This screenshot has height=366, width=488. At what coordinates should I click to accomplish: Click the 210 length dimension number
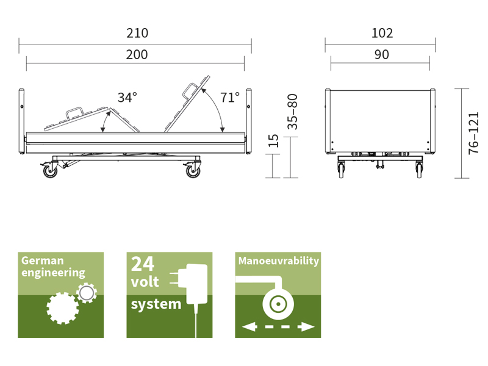pos(137,33)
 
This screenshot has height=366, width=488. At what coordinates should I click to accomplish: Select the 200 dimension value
pos(137,54)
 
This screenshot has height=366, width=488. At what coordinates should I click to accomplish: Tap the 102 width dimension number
pos(382,33)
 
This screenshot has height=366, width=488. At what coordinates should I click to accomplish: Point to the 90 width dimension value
pos(382,54)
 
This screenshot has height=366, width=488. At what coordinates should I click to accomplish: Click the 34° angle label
pos(127,98)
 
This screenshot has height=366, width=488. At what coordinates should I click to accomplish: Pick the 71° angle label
pos(230,98)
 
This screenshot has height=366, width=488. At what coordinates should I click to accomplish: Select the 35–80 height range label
pos(293,112)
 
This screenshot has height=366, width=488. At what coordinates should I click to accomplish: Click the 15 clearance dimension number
pos(273,141)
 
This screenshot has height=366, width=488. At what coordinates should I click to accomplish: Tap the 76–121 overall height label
pos(473,133)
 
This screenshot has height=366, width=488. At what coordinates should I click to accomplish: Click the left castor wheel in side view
pos(50,171)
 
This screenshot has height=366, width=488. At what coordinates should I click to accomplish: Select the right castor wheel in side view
pos(193,171)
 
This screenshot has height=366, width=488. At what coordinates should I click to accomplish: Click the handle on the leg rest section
pos(74,113)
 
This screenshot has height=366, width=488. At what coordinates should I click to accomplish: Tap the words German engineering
pos(53,267)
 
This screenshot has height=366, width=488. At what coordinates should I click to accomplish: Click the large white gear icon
pos(63,308)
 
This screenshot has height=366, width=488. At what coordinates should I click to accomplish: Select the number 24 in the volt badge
pos(143,264)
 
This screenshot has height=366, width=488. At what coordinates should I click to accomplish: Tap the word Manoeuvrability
pos(279,261)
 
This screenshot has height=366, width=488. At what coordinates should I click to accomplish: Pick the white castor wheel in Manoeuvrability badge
pos(278,304)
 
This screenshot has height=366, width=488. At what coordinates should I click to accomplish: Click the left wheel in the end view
pos(342,170)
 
